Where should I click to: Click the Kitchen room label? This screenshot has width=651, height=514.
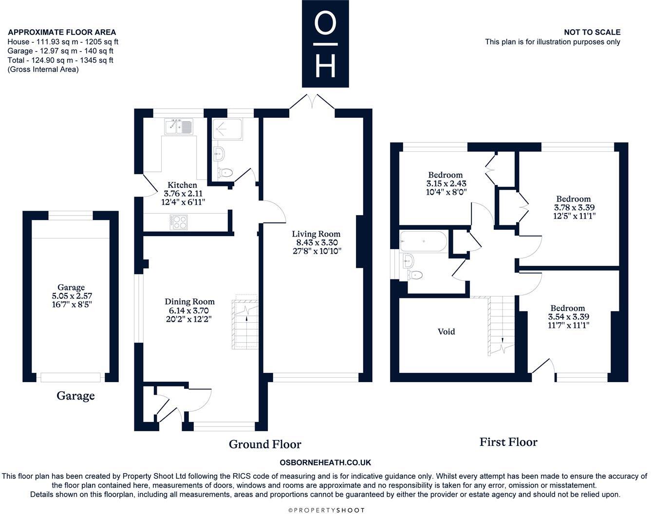pos(182,185)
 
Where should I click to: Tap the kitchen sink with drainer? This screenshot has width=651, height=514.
pos(179,127)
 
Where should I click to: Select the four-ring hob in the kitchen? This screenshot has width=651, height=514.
pos(179,222)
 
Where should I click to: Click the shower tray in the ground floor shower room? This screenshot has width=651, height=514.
pos(227,129)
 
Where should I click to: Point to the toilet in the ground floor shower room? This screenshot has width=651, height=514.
pos(225,173)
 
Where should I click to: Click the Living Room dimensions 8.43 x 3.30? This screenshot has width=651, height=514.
pos(316,242)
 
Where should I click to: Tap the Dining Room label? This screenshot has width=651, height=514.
pos(190,301)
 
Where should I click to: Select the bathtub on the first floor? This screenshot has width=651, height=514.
pos(423,241)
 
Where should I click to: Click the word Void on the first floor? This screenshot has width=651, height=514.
pos(446,331)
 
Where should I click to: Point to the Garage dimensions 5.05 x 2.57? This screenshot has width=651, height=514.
pos(72,296)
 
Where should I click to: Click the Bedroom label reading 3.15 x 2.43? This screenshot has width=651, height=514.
pos(446,183)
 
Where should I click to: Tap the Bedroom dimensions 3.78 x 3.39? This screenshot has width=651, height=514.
pos(574,207)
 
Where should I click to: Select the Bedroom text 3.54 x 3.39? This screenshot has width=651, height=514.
pos(568,316)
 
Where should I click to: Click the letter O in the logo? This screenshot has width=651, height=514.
pos(325,23)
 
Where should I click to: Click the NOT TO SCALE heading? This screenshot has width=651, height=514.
pos(592,32)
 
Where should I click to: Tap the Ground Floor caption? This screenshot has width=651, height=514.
pos(265,444)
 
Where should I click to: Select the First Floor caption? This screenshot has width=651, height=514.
pos(508,442)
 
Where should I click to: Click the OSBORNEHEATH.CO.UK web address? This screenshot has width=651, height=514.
pos(325,462)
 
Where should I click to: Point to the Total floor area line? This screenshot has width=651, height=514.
pos(60,60)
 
